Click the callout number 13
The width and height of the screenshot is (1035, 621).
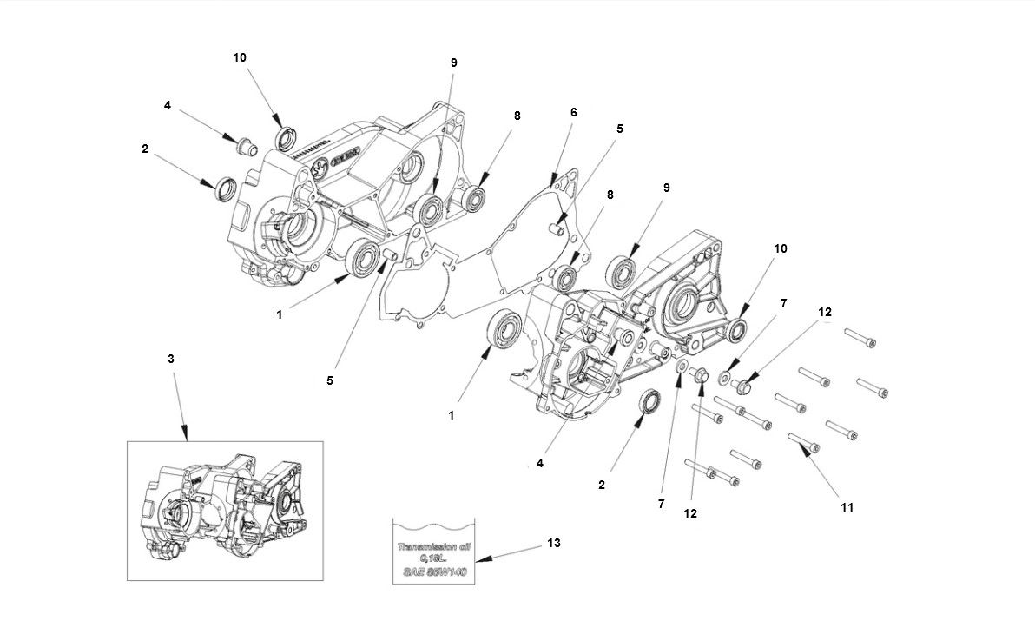pyautogui.click(x=554, y=543)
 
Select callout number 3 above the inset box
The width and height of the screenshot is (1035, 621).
pyautogui.click(x=171, y=358)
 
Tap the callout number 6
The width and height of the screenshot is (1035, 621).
pyautogui.click(x=573, y=112)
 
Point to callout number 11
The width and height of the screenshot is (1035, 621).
pyautogui.click(x=847, y=506)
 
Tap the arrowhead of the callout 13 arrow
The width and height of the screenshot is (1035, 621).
pyautogui.click(x=478, y=560)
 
